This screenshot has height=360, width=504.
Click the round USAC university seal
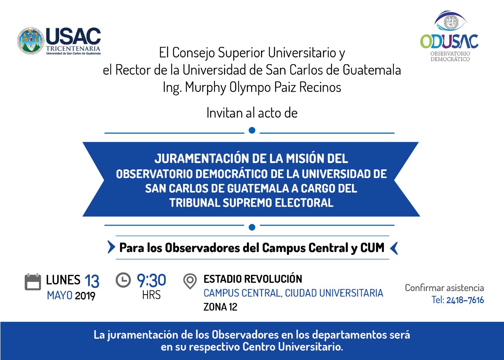tap(31, 41)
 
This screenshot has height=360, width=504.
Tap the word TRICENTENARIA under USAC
tap(73, 48)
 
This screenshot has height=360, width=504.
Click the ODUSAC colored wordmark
tap(449, 41)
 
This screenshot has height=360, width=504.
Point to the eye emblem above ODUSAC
tap(451, 21)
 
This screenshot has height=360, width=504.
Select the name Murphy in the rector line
tap(205, 87)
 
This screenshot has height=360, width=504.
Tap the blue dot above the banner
tap(252, 130)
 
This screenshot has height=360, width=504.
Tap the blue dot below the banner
tap(252, 227)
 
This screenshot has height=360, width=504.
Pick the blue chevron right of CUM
tap(394, 248)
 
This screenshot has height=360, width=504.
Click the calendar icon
tap(33, 282)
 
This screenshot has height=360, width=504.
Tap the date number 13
tap(92, 281)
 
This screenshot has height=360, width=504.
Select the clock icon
tap(123, 280)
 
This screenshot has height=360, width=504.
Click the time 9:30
tap(152, 280)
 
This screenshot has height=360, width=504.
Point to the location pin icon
tap(190, 281)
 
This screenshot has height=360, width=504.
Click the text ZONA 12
tap(220, 307)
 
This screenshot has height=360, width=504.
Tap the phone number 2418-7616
tap(465, 300)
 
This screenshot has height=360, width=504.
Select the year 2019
tap(85, 296)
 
